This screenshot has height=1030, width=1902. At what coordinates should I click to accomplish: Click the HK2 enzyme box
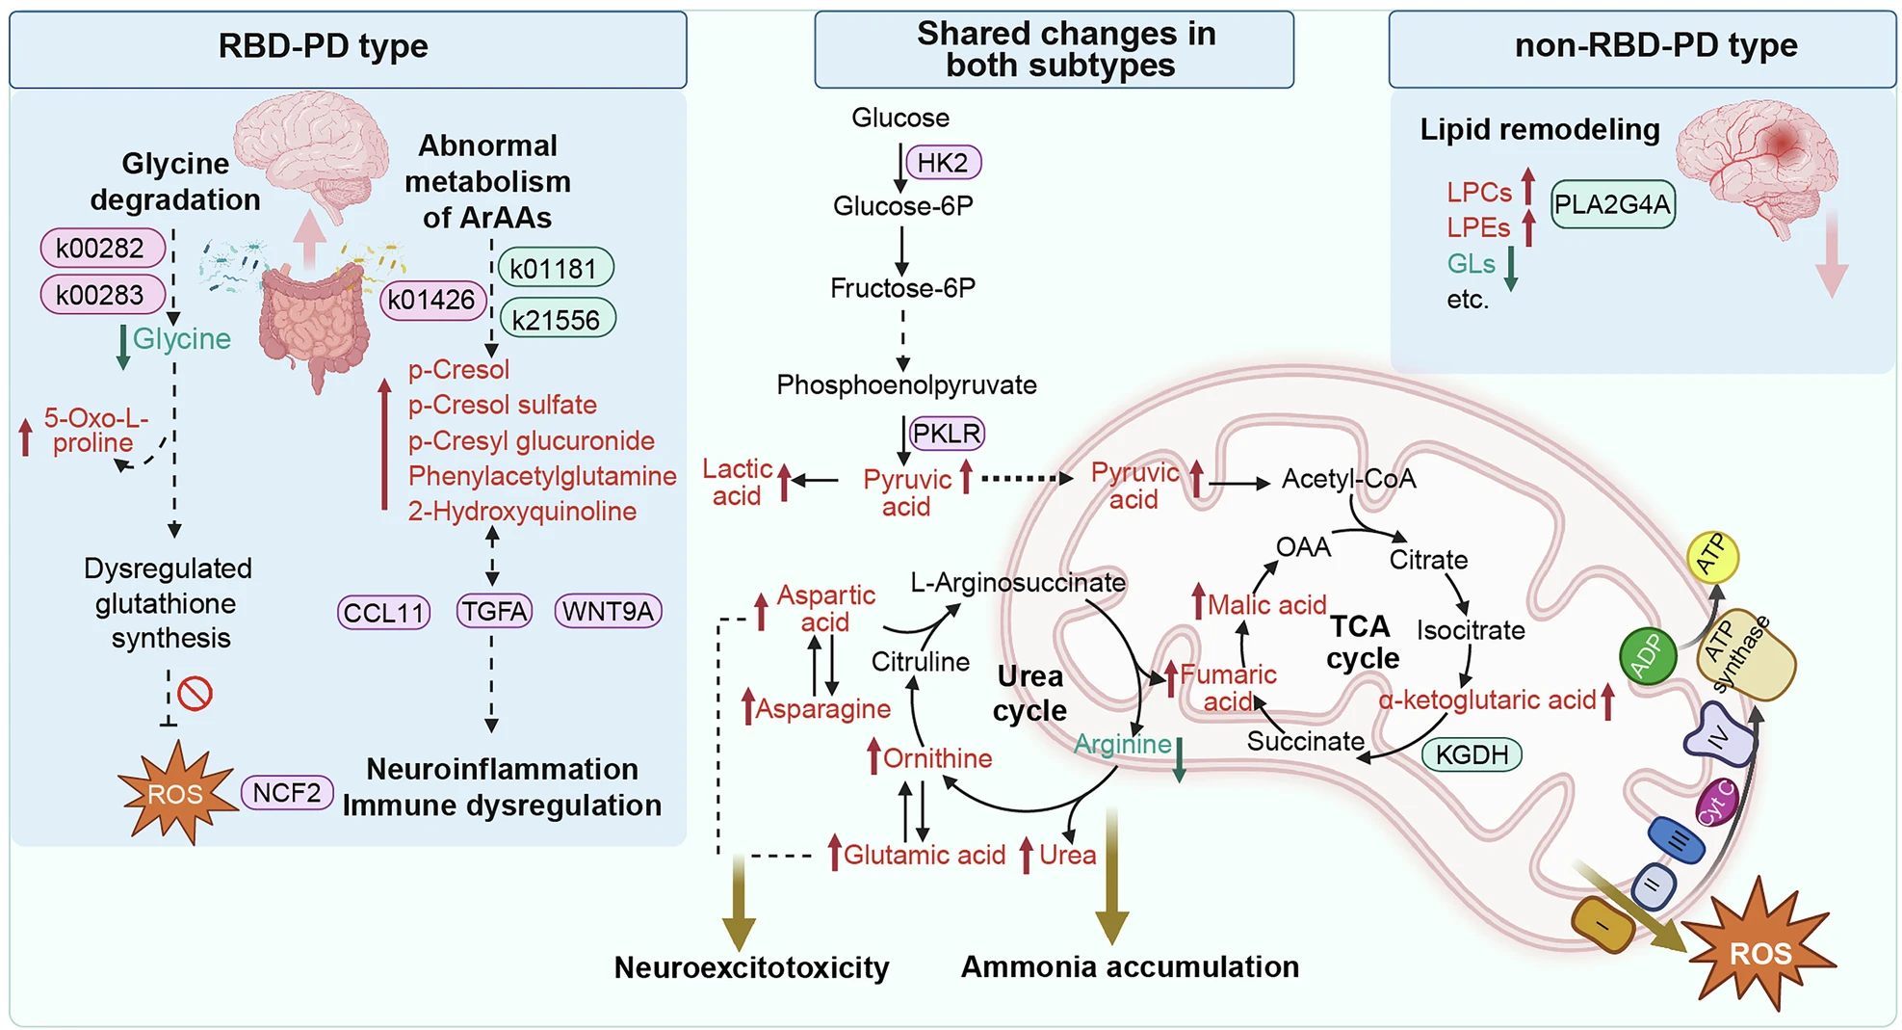click(x=942, y=163)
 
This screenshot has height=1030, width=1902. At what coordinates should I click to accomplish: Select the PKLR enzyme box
click(x=947, y=434)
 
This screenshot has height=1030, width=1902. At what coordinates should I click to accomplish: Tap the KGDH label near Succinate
click(x=1472, y=754)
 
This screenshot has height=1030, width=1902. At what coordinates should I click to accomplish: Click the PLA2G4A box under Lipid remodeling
click(x=1612, y=204)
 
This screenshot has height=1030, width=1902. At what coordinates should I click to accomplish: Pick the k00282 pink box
click(x=100, y=248)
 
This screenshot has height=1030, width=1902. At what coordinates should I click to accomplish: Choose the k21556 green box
click(x=557, y=320)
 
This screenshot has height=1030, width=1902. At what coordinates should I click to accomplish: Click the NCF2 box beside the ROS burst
click(x=286, y=793)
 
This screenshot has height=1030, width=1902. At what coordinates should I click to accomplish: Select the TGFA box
click(x=494, y=611)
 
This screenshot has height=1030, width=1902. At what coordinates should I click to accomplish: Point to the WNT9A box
click(x=608, y=611)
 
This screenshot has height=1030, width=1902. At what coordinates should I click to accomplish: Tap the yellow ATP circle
click(x=1711, y=557)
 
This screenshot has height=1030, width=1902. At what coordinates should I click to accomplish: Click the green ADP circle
click(x=1648, y=656)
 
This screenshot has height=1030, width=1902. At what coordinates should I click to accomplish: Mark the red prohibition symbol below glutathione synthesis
click(x=195, y=694)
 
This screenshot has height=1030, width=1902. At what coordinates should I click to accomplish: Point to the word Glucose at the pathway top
click(x=899, y=118)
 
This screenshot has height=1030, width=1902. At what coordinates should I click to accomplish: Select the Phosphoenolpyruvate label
click(x=906, y=385)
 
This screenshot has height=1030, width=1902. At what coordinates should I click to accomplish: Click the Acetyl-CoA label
click(x=1348, y=479)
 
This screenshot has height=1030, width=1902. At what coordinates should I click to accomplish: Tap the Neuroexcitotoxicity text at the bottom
click(x=751, y=967)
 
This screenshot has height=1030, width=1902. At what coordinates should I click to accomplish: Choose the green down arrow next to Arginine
click(x=1179, y=759)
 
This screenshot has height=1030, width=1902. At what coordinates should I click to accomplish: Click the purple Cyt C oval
click(x=1716, y=804)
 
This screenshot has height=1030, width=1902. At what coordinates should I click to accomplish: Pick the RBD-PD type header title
click(x=323, y=46)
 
